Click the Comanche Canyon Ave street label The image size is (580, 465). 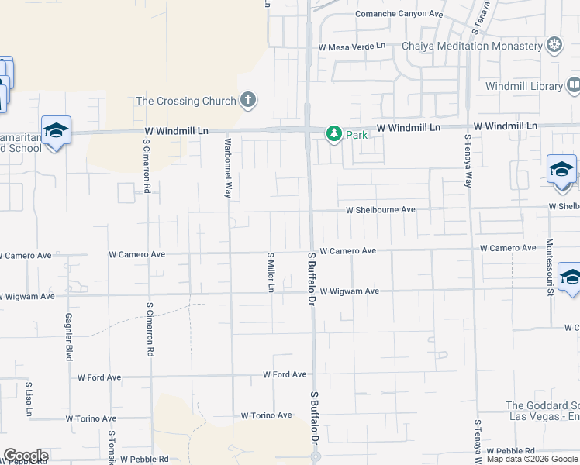pyautogui.click(x=399, y=14)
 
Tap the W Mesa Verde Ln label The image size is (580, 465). pyautogui.click(x=352, y=46)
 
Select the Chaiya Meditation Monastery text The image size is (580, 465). pyautogui.click(x=471, y=46)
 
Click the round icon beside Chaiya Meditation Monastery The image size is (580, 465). pyautogui.click(x=554, y=45)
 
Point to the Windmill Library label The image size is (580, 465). pyautogui.click(x=523, y=86)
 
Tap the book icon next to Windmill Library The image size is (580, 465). pyautogui.click(x=574, y=85)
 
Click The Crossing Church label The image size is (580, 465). pyautogui.click(x=185, y=100)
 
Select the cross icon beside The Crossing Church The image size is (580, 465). pyautogui.click(x=248, y=99)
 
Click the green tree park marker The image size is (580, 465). pyautogui.click(x=333, y=134)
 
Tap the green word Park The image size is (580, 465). pyautogui.click(x=357, y=135)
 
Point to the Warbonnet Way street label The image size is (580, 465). pyautogui.click(x=228, y=167)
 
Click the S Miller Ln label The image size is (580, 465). pyautogui.click(x=271, y=272)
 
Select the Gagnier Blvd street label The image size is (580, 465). pyautogui.click(x=68, y=338)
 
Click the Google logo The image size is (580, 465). pyautogui.click(x=26, y=456)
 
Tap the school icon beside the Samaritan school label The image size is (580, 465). pyautogui.click(x=56, y=129)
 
